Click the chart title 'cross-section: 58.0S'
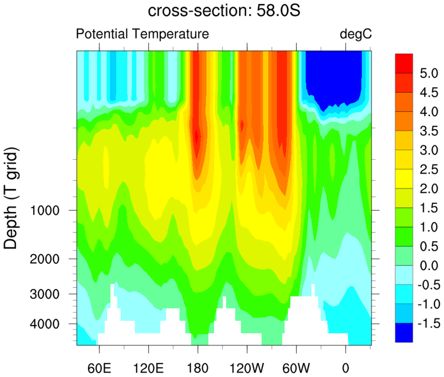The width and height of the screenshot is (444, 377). [x=224, y=11]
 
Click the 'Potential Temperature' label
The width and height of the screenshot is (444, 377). [x=142, y=34]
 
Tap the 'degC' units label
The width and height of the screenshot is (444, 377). [x=356, y=34]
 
